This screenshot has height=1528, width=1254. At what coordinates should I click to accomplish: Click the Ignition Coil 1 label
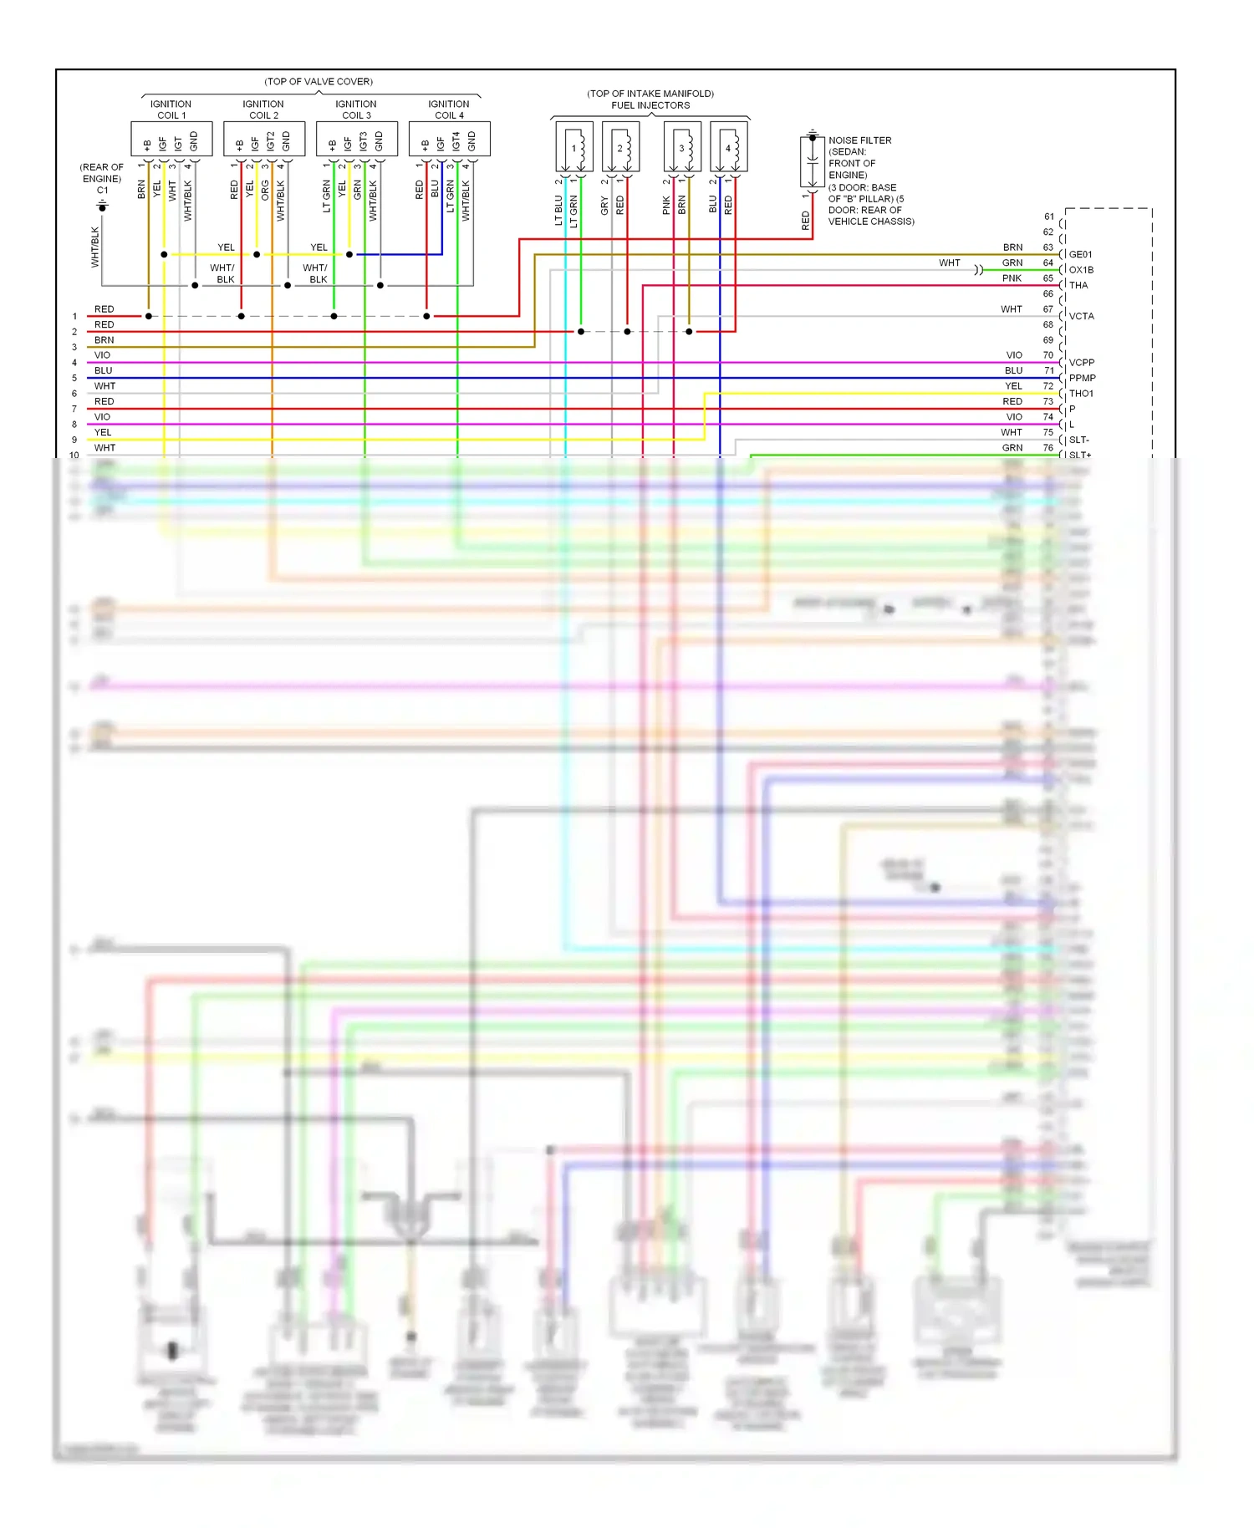[x=171, y=110]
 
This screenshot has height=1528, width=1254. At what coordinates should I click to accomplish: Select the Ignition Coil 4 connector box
[x=449, y=139]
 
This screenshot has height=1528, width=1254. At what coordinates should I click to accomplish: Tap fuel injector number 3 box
[x=682, y=147]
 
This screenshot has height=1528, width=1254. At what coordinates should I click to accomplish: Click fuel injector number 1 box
[x=574, y=147]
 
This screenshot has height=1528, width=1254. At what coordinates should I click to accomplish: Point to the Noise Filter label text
[x=859, y=140]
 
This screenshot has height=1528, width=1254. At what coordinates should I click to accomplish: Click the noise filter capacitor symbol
[x=812, y=160]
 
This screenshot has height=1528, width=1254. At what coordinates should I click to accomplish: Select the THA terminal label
[x=1078, y=285]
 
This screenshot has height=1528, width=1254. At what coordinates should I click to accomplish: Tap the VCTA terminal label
[x=1081, y=316]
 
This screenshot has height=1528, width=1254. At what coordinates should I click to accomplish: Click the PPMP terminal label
[x=1082, y=378]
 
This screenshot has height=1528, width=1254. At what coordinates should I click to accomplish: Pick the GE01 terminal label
[x=1080, y=254]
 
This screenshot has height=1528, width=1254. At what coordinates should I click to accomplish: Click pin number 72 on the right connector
[x=1048, y=386]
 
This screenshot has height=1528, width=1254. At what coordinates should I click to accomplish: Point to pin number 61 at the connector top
[x=1048, y=216]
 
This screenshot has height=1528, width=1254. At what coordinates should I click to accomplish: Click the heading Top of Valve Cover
[x=319, y=81]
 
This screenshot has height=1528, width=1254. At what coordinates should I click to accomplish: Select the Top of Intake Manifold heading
[x=650, y=94]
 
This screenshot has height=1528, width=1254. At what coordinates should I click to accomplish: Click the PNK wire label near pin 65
[x=1012, y=278]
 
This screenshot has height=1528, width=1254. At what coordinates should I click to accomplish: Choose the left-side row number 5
[x=74, y=378]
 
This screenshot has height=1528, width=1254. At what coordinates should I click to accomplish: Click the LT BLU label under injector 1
[x=558, y=211]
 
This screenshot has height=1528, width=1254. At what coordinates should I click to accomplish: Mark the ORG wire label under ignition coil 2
[x=265, y=190]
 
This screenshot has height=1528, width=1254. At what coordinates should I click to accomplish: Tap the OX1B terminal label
[x=1081, y=270]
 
